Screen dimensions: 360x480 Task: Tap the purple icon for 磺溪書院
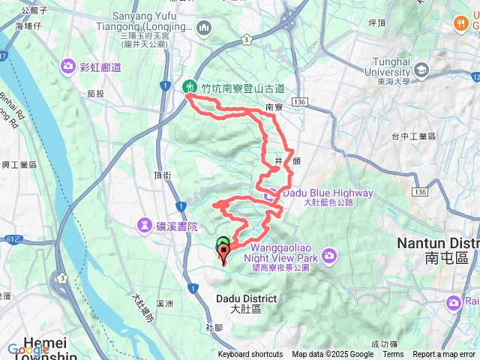pyautogui.click(x=145, y=225)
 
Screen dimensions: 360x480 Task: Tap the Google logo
pyautogui.click(x=28, y=349)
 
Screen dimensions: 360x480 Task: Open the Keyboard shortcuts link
pyautogui.click(x=250, y=355)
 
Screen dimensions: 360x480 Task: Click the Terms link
pyautogui.click(x=393, y=355)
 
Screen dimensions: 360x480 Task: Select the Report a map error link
pyautogui.click(x=445, y=355)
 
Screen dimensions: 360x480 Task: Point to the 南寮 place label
pyautogui.click(x=273, y=108)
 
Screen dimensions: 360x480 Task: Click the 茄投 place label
pyautogui.click(x=95, y=94)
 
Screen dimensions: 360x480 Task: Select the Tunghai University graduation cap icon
pyautogui.click(x=422, y=70)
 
